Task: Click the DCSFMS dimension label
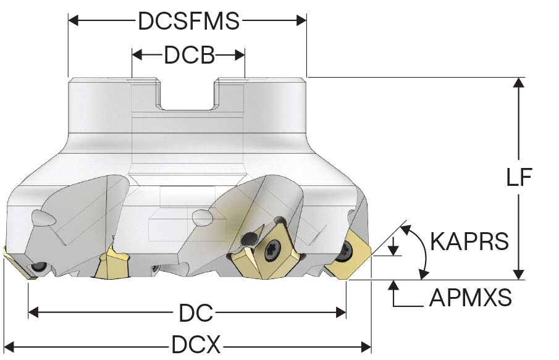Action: (188, 21)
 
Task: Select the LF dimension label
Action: (519, 177)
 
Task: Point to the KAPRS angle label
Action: (469, 241)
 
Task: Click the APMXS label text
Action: (470, 297)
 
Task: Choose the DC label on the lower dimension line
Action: (196, 312)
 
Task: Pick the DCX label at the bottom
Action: (196, 345)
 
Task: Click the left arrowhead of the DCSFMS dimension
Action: (74, 20)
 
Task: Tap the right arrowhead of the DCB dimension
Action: (240, 55)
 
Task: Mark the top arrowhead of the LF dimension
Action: (519, 82)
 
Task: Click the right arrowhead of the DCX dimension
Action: (366, 346)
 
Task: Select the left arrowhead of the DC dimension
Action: (33, 312)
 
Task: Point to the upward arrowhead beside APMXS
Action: (393, 285)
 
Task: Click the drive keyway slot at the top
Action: (188, 94)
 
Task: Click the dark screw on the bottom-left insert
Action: (38, 267)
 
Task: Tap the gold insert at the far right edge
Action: (349, 254)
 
